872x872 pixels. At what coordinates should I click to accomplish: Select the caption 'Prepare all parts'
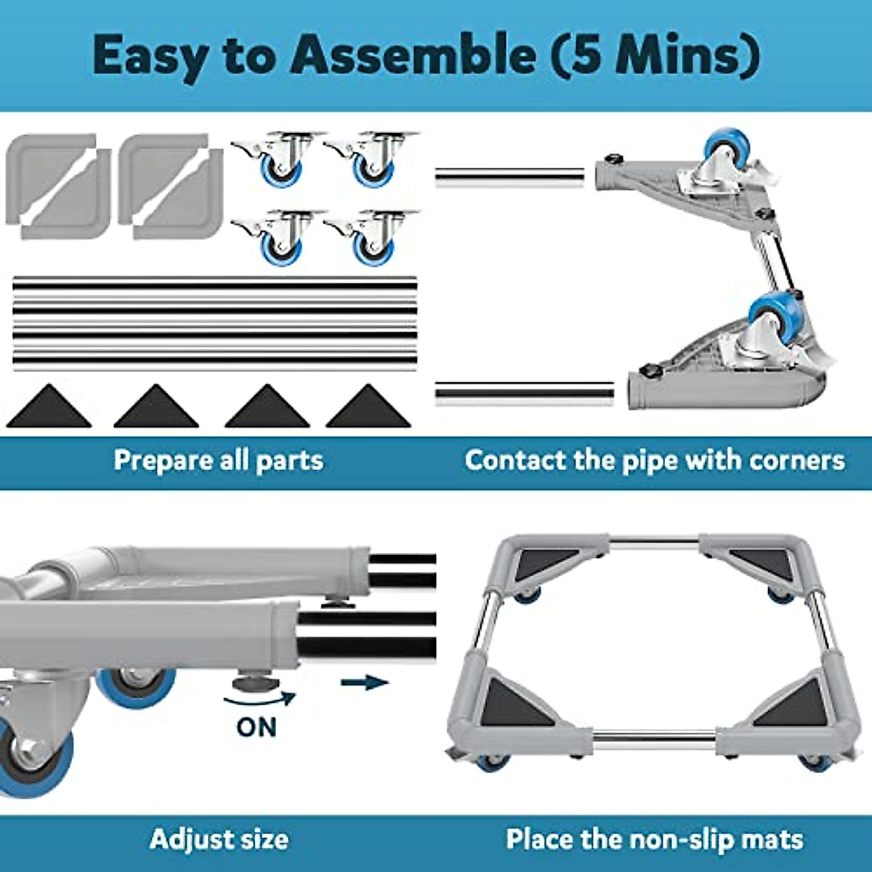(218, 460)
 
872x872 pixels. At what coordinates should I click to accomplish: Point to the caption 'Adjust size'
(219, 839)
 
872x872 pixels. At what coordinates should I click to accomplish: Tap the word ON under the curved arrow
(257, 727)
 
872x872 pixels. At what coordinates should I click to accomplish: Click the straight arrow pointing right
(365, 682)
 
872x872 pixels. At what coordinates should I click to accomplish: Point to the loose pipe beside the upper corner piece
(509, 177)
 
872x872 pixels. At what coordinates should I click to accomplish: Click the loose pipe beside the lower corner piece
(523, 392)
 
